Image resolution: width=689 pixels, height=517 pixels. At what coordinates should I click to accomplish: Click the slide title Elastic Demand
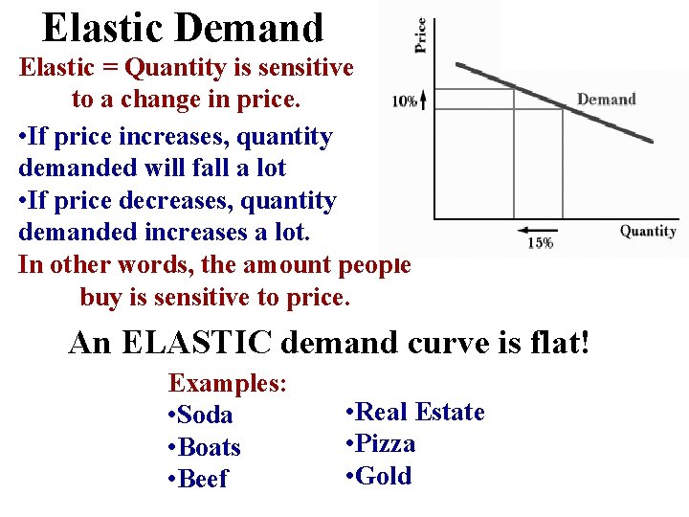click(x=183, y=29)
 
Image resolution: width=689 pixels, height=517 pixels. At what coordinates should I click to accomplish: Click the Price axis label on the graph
click(x=420, y=35)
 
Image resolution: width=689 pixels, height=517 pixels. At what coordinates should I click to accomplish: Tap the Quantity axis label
click(x=648, y=231)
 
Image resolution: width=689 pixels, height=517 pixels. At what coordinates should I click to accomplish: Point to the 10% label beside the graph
click(x=404, y=101)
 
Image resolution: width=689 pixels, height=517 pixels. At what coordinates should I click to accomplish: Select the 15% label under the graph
click(x=540, y=244)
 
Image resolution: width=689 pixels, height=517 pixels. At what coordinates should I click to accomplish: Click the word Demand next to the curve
click(x=606, y=100)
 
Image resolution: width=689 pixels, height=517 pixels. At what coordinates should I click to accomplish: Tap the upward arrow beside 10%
click(x=423, y=100)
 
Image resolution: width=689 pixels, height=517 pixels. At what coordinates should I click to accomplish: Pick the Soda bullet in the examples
click(x=200, y=416)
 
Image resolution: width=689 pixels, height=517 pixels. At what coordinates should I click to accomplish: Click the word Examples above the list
click(x=226, y=384)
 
